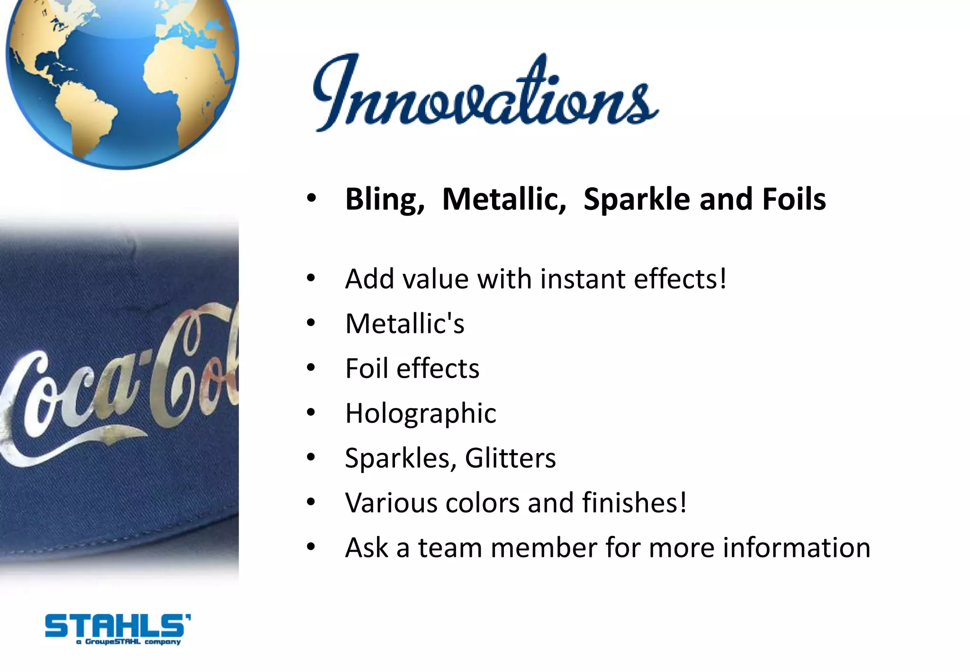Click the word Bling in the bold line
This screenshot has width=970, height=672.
pyautogui.click(x=385, y=199)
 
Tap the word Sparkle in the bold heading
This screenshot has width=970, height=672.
pyautogui.click(x=637, y=199)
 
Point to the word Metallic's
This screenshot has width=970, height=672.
pyautogui.click(x=405, y=324)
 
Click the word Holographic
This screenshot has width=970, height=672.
pyautogui.click(x=421, y=413)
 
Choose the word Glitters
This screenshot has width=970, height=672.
pyautogui.click(x=510, y=458)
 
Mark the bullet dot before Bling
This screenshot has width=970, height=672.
pyautogui.click(x=311, y=199)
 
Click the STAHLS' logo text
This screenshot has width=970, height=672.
pyautogui.click(x=117, y=626)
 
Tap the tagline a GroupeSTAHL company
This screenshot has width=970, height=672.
pyautogui.click(x=128, y=642)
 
